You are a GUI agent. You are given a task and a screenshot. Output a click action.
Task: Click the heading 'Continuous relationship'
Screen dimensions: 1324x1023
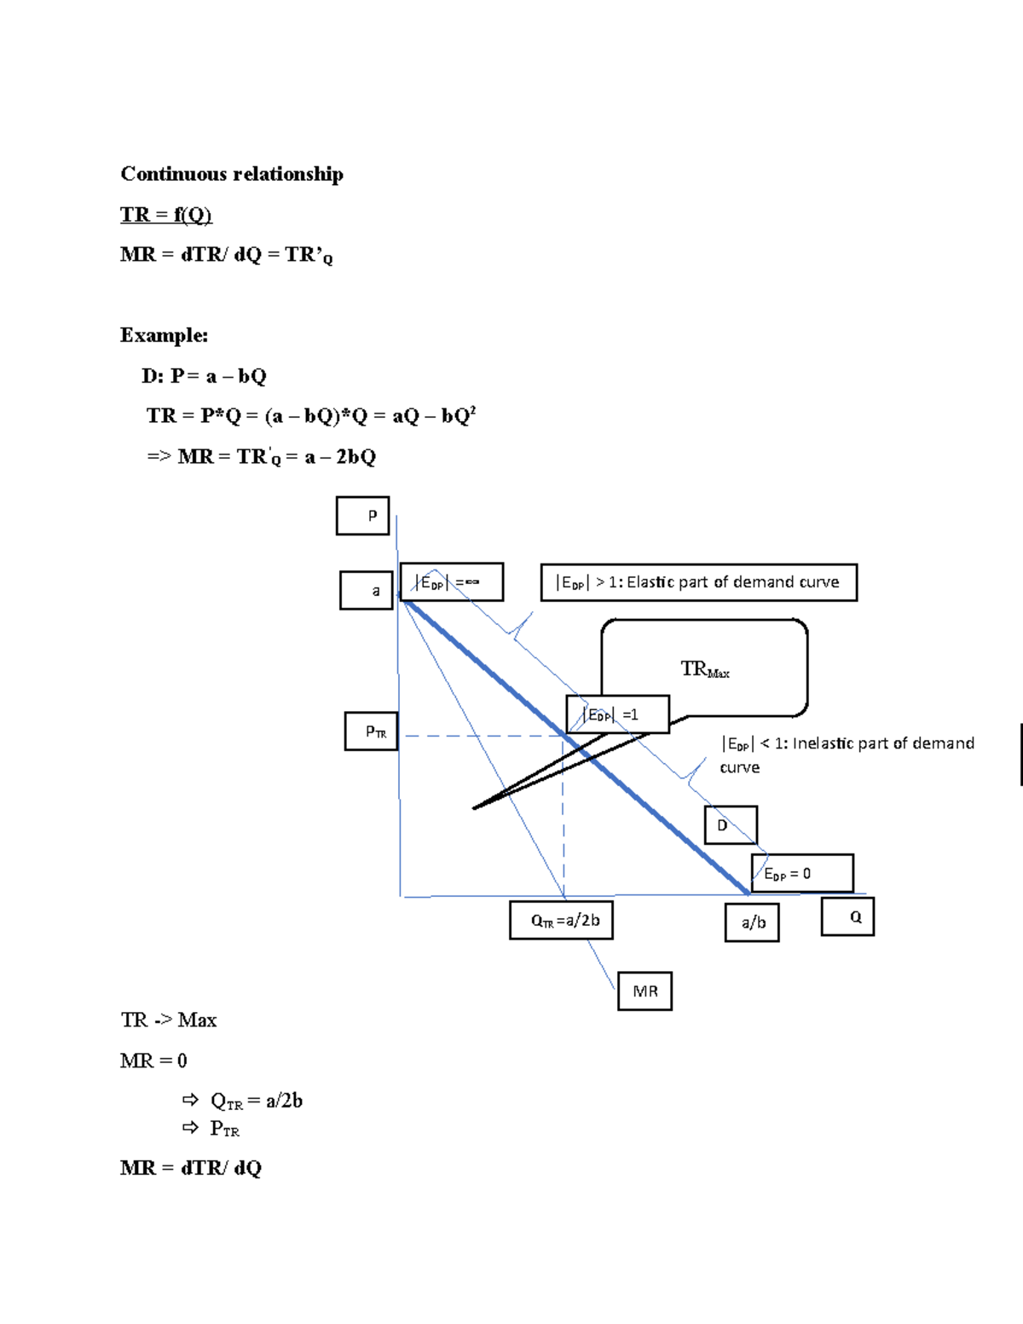pos(231,174)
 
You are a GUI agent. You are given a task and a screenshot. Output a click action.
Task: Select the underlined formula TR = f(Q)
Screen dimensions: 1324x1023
pos(165,214)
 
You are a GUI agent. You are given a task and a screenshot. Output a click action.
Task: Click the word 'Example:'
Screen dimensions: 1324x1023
pos(164,335)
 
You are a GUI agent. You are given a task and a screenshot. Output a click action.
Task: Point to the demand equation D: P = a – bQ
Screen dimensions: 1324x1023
pos(204,376)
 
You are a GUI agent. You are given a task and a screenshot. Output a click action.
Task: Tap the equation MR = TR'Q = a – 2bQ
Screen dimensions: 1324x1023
pos(261,457)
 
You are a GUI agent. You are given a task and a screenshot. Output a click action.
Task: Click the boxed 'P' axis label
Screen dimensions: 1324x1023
pos(362,516)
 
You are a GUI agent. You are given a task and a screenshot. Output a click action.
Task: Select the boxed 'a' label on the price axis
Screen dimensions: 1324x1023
pos(367,590)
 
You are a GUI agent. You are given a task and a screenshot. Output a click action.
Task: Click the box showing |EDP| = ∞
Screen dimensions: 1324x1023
pos(452,582)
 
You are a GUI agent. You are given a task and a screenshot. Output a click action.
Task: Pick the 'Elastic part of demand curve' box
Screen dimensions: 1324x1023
pos(698,582)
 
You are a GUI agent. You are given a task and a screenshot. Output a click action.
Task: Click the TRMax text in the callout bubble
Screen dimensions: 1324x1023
pos(704,669)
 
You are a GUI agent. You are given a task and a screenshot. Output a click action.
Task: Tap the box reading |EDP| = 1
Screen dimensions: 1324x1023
pos(617,714)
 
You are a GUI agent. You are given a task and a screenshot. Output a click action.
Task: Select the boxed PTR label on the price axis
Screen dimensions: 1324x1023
pos(371,731)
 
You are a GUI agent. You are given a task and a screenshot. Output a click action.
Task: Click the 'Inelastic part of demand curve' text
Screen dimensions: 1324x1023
pos(847,754)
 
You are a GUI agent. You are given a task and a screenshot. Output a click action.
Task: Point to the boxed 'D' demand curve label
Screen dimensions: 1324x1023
pos(730,825)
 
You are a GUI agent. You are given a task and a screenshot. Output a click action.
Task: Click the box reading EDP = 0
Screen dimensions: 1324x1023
pos(801,873)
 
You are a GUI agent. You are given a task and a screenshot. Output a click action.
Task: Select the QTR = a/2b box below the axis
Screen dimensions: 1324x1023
pos(561,921)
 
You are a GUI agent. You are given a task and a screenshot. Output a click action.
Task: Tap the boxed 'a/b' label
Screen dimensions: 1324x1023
pos(752,922)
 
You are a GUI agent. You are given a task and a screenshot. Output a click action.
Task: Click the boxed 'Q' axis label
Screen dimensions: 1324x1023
pos(847,917)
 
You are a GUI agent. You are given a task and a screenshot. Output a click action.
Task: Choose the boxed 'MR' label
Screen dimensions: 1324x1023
pos(644,991)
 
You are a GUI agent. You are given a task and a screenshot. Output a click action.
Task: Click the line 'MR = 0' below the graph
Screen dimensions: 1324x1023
pos(153,1061)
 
